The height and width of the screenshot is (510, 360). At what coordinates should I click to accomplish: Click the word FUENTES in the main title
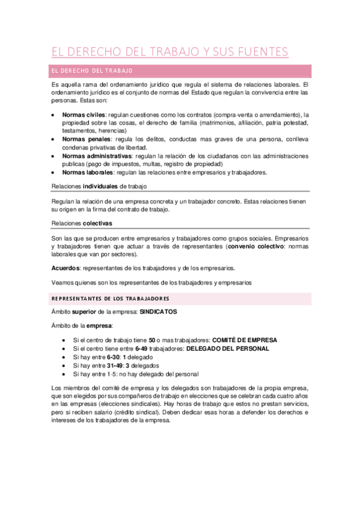(259, 52)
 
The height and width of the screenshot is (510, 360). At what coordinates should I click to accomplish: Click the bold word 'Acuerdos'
(66, 268)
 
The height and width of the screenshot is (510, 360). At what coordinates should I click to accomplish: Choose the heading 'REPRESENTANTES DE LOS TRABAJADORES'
(111, 299)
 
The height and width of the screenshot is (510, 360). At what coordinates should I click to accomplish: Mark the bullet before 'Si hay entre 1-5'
(65, 373)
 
